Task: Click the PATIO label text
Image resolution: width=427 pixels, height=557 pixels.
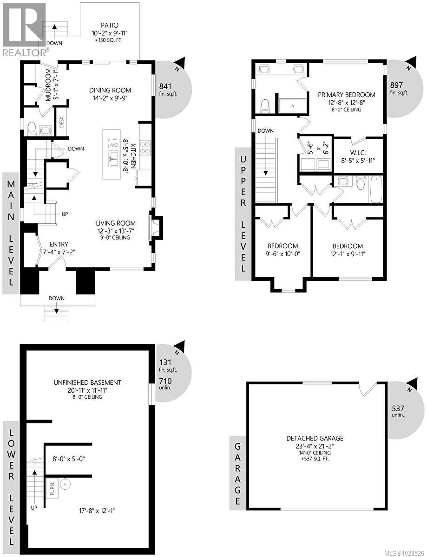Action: point(110,25)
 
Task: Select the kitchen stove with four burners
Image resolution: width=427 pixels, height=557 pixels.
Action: point(145,147)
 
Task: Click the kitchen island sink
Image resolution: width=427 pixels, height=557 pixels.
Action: point(113,156)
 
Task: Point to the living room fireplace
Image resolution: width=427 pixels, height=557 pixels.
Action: point(155,227)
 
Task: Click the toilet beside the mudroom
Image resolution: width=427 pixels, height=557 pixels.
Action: point(32,128)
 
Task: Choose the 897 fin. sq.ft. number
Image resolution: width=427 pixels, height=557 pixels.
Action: point(396,85)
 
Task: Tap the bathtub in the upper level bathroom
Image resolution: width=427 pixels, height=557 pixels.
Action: point(375,189)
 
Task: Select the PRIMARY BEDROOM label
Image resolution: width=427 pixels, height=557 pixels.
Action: point(347,95)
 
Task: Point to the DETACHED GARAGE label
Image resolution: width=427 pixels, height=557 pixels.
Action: point(309,438)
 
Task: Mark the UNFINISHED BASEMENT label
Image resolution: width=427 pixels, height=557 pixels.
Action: point(87,382)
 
